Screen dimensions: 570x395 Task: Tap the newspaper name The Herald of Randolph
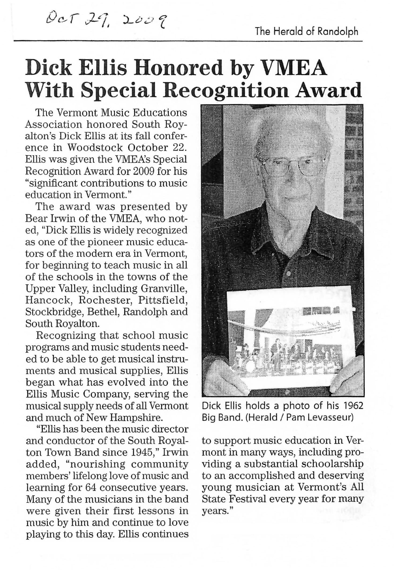pos(306,32)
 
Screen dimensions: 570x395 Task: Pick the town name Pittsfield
pos(163,300)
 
